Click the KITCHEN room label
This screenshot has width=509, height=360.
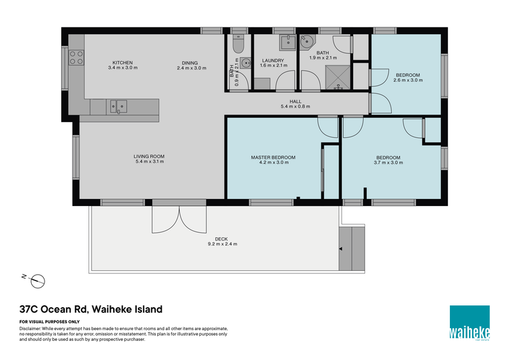[122, 62]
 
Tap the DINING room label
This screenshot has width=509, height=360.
[190, 62]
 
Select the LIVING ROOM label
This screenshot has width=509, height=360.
[149, 157]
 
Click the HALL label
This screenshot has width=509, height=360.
[295, 101]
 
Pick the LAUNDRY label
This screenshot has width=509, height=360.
[272, 60]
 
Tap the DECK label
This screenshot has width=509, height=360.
[221, 239]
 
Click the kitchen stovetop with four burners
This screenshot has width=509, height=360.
[76, 58]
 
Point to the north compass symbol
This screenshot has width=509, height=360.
[38, 279]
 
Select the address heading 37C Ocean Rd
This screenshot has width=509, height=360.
[90, 310]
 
